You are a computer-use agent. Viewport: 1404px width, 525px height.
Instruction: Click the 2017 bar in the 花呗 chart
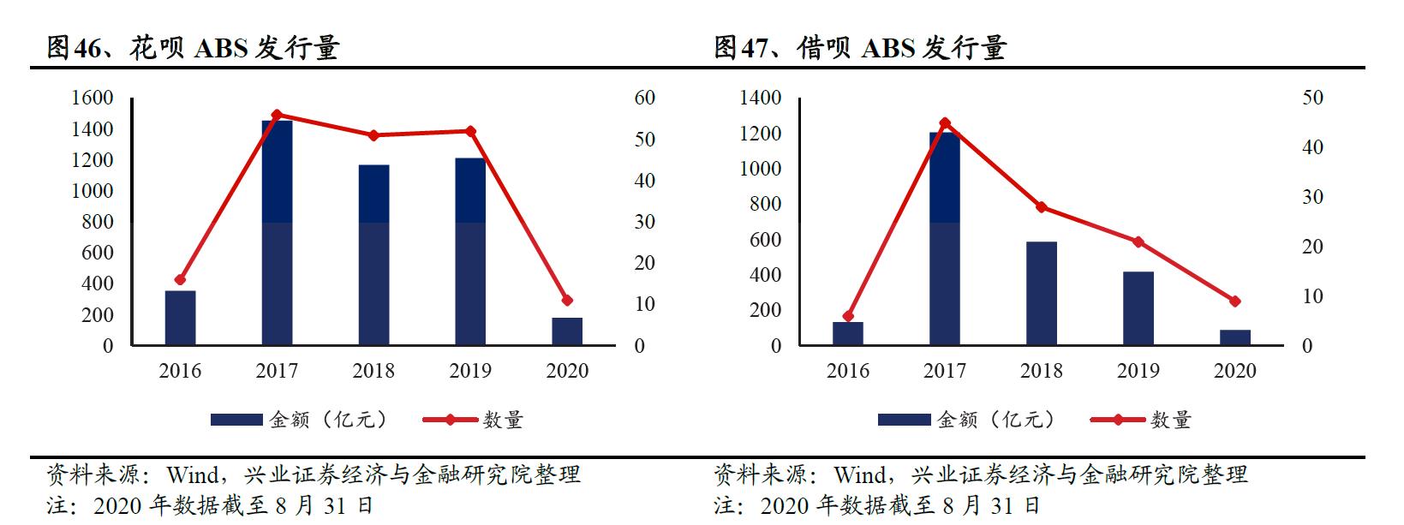pos(277,233)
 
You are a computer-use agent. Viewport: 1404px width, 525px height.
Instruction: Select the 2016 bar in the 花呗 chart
pos(180,318)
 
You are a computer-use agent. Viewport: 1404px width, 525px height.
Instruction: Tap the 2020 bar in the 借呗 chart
pos(1235,337)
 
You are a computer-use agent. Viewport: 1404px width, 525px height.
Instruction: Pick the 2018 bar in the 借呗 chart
pos(1041,294)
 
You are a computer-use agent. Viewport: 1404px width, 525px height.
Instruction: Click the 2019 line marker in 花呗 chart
pos(470,131)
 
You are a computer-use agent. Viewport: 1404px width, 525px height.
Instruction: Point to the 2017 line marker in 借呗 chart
pos(945,122)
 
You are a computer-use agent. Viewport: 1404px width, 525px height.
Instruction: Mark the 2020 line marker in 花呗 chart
pos(567,300)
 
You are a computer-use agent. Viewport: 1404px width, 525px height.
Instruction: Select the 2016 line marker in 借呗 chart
pos(848,316)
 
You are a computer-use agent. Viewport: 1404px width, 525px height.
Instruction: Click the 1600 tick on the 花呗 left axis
pos(92,98)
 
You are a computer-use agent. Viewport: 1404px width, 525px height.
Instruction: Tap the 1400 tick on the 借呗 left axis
pos(760,98)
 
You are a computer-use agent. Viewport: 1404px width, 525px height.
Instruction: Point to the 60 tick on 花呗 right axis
pos(644,98)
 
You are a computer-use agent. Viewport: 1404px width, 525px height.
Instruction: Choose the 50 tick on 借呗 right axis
pos(1312,98)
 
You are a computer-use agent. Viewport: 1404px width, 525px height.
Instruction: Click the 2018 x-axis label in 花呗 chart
pos(373,371)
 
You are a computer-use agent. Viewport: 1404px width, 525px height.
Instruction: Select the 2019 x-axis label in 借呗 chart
pos(1138,371)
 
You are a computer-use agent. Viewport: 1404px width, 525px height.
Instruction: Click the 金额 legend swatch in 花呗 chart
pos(236,420)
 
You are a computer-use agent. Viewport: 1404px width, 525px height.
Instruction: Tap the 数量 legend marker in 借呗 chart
pos(1117,420)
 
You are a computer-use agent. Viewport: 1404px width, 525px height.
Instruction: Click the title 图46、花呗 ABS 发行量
pos(193,48)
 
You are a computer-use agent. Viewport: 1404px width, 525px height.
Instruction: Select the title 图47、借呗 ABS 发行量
pos(860,48)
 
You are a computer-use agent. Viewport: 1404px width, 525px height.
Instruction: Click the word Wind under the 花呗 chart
pos(193,474)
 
